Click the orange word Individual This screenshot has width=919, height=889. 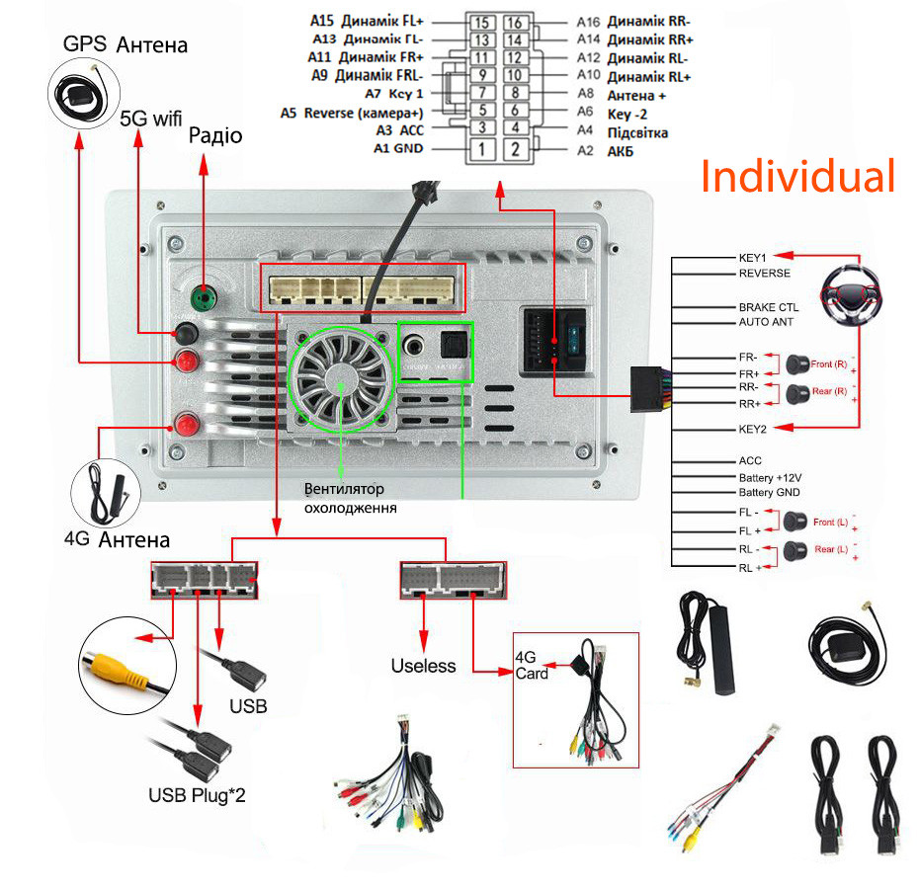798,176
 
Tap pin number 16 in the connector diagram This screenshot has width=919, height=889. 514,22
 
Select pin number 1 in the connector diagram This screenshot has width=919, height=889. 480,149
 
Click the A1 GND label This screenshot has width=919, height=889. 398,148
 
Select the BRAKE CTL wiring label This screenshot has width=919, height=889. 769,307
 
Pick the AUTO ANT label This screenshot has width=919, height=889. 766,322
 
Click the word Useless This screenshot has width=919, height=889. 423,666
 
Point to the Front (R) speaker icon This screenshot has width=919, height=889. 797,364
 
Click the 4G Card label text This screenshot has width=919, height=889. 532,665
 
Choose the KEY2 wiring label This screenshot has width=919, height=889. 753,428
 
